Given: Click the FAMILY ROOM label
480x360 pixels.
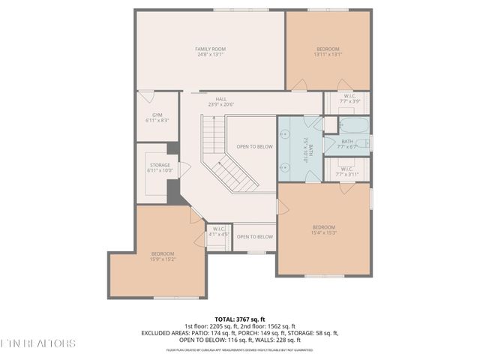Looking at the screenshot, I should pyautogui.click(x=211, y=49).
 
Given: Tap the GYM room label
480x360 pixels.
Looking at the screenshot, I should pyautogui.click(x=157, y=115).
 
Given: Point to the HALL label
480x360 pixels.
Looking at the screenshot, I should pyautogui.click(x=221, y=99).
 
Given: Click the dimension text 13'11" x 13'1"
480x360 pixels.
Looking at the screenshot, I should pyautogui.click(x=328, y=54).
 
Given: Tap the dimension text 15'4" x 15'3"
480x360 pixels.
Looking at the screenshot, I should pyautogui.click(x=324, y=232).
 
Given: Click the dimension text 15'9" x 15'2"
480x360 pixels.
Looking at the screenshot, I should pyautogui.click(x=163, y=259).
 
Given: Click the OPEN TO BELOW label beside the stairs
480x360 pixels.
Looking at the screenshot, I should pyautogui.click(x=254, y=147).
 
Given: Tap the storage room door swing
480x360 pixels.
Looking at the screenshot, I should pyautogui.click(x=183, y=169).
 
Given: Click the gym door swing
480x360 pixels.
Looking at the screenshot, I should pyautogui.click(x=145, y=96).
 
